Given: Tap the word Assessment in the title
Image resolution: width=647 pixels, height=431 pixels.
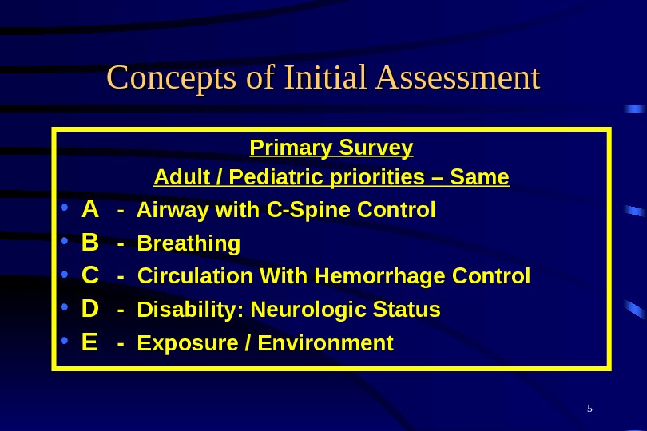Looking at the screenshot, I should coord(458,79).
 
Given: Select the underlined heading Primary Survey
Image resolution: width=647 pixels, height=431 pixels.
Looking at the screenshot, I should coord(331,148).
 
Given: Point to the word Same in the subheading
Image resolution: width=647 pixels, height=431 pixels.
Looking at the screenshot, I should coord(479,176).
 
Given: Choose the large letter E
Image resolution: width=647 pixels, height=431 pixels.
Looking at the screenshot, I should coord(89,342).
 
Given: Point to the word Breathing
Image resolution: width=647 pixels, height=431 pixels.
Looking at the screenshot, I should coord(189,243).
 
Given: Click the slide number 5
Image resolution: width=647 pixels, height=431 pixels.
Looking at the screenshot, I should coord(589,409).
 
